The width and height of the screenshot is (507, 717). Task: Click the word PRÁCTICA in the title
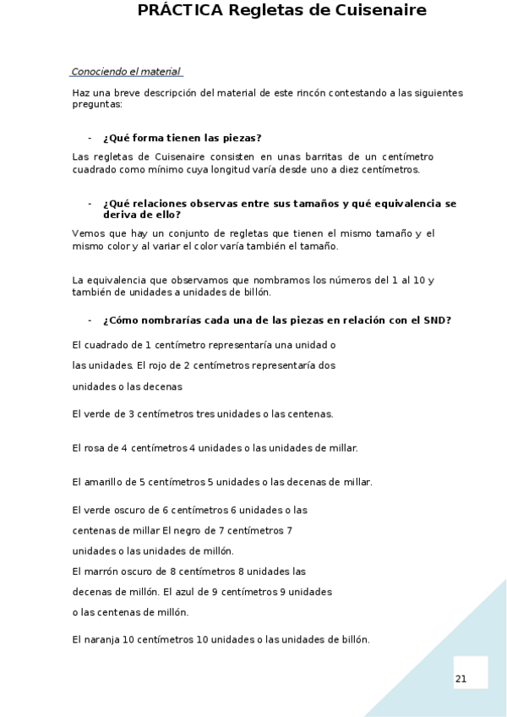click(180, 10)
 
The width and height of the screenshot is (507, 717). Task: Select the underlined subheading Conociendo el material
click(126, 72)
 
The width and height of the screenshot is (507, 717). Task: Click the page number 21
click(461, 679)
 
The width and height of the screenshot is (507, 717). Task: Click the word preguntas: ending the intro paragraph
click(97, 104)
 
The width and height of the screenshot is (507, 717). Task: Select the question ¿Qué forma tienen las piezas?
click(182, 138)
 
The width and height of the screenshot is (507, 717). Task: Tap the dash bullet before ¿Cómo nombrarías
click(90, 320)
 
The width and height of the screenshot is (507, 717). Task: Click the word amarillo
click(102, 482)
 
